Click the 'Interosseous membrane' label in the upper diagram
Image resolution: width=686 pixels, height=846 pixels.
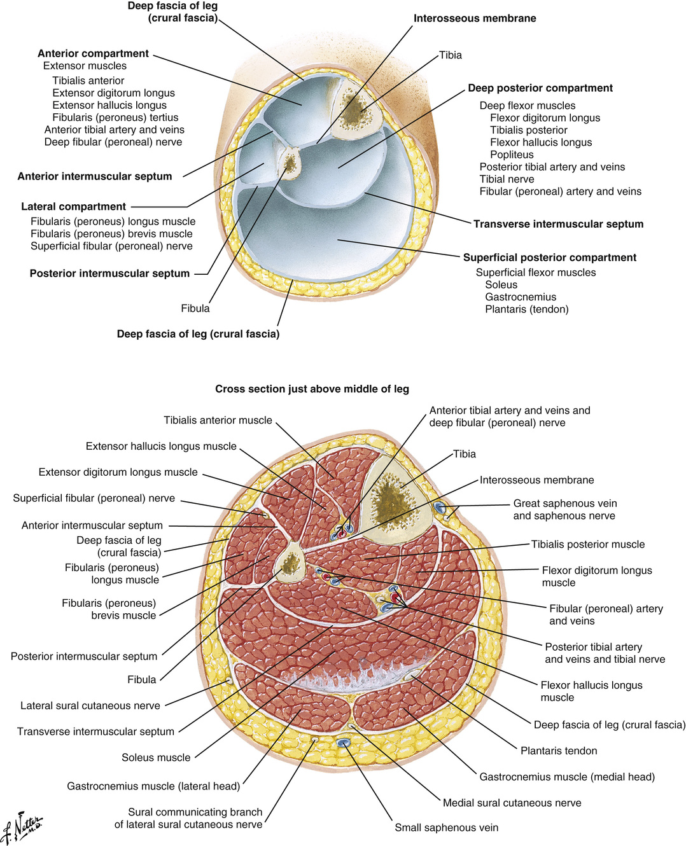tap(475, 18)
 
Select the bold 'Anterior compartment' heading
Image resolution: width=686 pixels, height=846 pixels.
tap(93, 53)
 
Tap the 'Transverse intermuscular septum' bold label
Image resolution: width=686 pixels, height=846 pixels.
tap(558, 224)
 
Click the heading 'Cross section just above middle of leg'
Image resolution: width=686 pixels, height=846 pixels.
tap(312, 389)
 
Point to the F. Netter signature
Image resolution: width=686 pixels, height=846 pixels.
tap(22, 827)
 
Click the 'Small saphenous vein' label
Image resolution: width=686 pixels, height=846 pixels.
tap(446, 828)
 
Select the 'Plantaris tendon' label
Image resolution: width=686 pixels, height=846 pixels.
tap(559, 751)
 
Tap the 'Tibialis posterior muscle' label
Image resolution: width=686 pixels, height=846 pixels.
tap(588, 544)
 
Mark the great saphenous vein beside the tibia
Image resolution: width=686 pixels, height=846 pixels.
tap(438, 507)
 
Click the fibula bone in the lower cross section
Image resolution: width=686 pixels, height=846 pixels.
tap(290, 562)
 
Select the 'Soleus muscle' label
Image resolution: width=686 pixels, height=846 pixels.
tap(156, 758)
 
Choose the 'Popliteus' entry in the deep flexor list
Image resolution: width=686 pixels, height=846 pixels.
tap(512, 155)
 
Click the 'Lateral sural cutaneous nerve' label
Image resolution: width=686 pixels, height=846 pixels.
tap(90, 705)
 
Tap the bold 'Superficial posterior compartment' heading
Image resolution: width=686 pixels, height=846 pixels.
tap(549, 258)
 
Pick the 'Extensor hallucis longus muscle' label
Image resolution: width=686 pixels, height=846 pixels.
tap(161, 447)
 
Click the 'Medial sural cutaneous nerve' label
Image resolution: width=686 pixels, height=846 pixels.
tap(512, 803)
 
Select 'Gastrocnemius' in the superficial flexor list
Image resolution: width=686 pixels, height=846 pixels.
tap(520, 297)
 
